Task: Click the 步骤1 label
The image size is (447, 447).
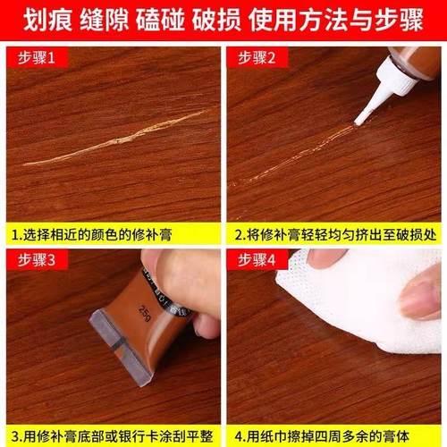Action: click(x=36, y=57)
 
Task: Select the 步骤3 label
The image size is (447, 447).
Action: click(x=36, y=260)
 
